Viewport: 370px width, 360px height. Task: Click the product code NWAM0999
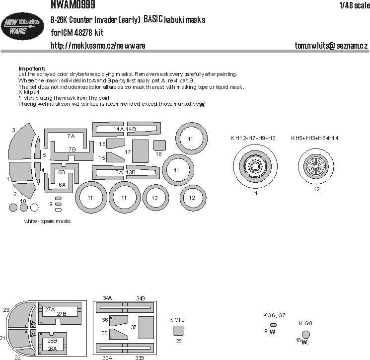pos(73,5)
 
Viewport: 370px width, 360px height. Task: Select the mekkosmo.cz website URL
pos(98,46)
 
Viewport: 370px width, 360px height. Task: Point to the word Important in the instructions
pos(32,68)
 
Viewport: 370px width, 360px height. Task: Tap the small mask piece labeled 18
pos(159,145)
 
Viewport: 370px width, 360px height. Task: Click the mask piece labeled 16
pos(115,144)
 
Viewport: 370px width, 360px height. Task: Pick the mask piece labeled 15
pos(116,157)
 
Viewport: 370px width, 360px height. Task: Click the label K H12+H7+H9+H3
pos(253,138)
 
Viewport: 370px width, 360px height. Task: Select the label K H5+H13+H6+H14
pos(315,138)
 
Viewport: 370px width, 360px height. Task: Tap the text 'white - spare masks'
pos(47,221)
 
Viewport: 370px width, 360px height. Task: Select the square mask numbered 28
pos(179,330)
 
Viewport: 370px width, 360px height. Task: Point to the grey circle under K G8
pos(306,334)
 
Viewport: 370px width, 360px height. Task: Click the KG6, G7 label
pos(274,315)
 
